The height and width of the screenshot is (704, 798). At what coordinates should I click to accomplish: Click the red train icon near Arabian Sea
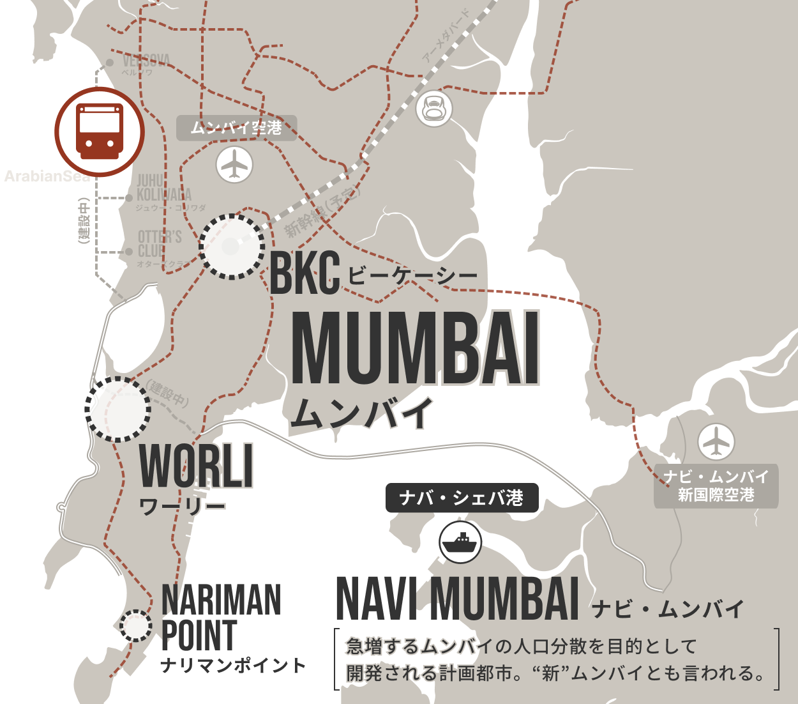pyautogui.click(x=100, y=132)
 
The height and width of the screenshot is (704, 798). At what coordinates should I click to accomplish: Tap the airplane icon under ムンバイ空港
pyautogui.click(x=234, y=165)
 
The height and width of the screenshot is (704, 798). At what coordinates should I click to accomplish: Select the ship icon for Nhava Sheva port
pyautogui.click(x=460, y=542)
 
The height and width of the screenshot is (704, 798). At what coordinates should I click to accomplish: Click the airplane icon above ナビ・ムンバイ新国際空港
pyautogui.click(x=716, y=441)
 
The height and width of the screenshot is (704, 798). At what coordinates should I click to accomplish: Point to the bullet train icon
pyautogui.click(x=434, y=108)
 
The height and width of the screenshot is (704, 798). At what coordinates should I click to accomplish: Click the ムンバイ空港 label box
pyautogui.click(x=236, y=128)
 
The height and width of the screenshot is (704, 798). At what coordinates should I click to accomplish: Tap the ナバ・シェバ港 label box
pyautogui.click(x=461, y=498)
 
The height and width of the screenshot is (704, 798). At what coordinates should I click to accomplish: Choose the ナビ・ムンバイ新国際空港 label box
pyautogui.click(x=716, y=486)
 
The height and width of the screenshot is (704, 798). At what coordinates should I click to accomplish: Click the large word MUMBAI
pyautogui.click(x=416, y=349)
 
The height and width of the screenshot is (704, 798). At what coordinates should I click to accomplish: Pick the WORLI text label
pyautogui.click(x=197, y=466)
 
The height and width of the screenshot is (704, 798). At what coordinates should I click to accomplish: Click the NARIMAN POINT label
pyautogui.click(x=221, y=617)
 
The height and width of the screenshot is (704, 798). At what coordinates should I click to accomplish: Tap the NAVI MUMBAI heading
pyautogui.click(x=457, y=599)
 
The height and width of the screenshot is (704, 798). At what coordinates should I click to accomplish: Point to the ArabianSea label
pyautogui.click(x=47, y=176)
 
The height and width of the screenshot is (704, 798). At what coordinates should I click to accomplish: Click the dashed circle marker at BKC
pyautogui.click(x=231, y=247)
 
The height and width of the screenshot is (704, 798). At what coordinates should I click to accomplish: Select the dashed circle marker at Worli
pyautogui.click(x=118, y=409)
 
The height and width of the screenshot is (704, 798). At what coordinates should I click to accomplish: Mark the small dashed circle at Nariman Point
pyautogui.click(x=136, y=626)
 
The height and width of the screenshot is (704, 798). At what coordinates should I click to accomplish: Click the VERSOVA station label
pyautogui.click(x=146, y=61)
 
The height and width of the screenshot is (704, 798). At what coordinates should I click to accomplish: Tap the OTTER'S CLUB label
pyautogui.click(x=160, y=244)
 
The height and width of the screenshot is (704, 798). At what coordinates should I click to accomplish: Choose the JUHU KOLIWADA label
pyautogui.click(x=163, y=188)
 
